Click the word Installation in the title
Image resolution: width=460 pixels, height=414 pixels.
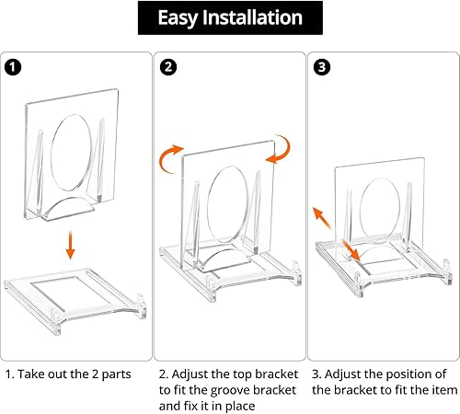pyautogui.click(x=252, y=17)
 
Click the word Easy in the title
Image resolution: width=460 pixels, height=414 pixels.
pyautogui.click(x=178, y=18)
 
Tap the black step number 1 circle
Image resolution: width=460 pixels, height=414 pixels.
pyautogui.click(x=13, y=67)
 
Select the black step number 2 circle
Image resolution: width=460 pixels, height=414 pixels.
pyautogui.click(x=168, y=67)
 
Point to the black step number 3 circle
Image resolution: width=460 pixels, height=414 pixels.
pyautogui.click(x=322, y=67)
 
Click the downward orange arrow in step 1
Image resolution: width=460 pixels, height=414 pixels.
pyautogui.click(x=71, y=245)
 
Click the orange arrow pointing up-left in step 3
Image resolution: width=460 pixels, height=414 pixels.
pyautogui.click(x=321, y=218)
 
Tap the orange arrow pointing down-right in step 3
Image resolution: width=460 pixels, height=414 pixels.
pyautogui.click(x=351, y=250)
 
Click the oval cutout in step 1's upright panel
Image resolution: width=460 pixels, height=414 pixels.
pyautogui.click(x=72, y=153)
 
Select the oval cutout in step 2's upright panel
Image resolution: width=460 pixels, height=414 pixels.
pyautogui.click(x=227, y=204)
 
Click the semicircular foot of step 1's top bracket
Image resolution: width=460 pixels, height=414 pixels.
pyautogui.click(x=68, y=209)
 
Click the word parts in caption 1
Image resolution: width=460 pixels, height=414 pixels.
pyautogui.click(x=116, y=374)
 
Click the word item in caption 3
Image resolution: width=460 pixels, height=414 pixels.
pyautogui.click(x=446, y=390)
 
